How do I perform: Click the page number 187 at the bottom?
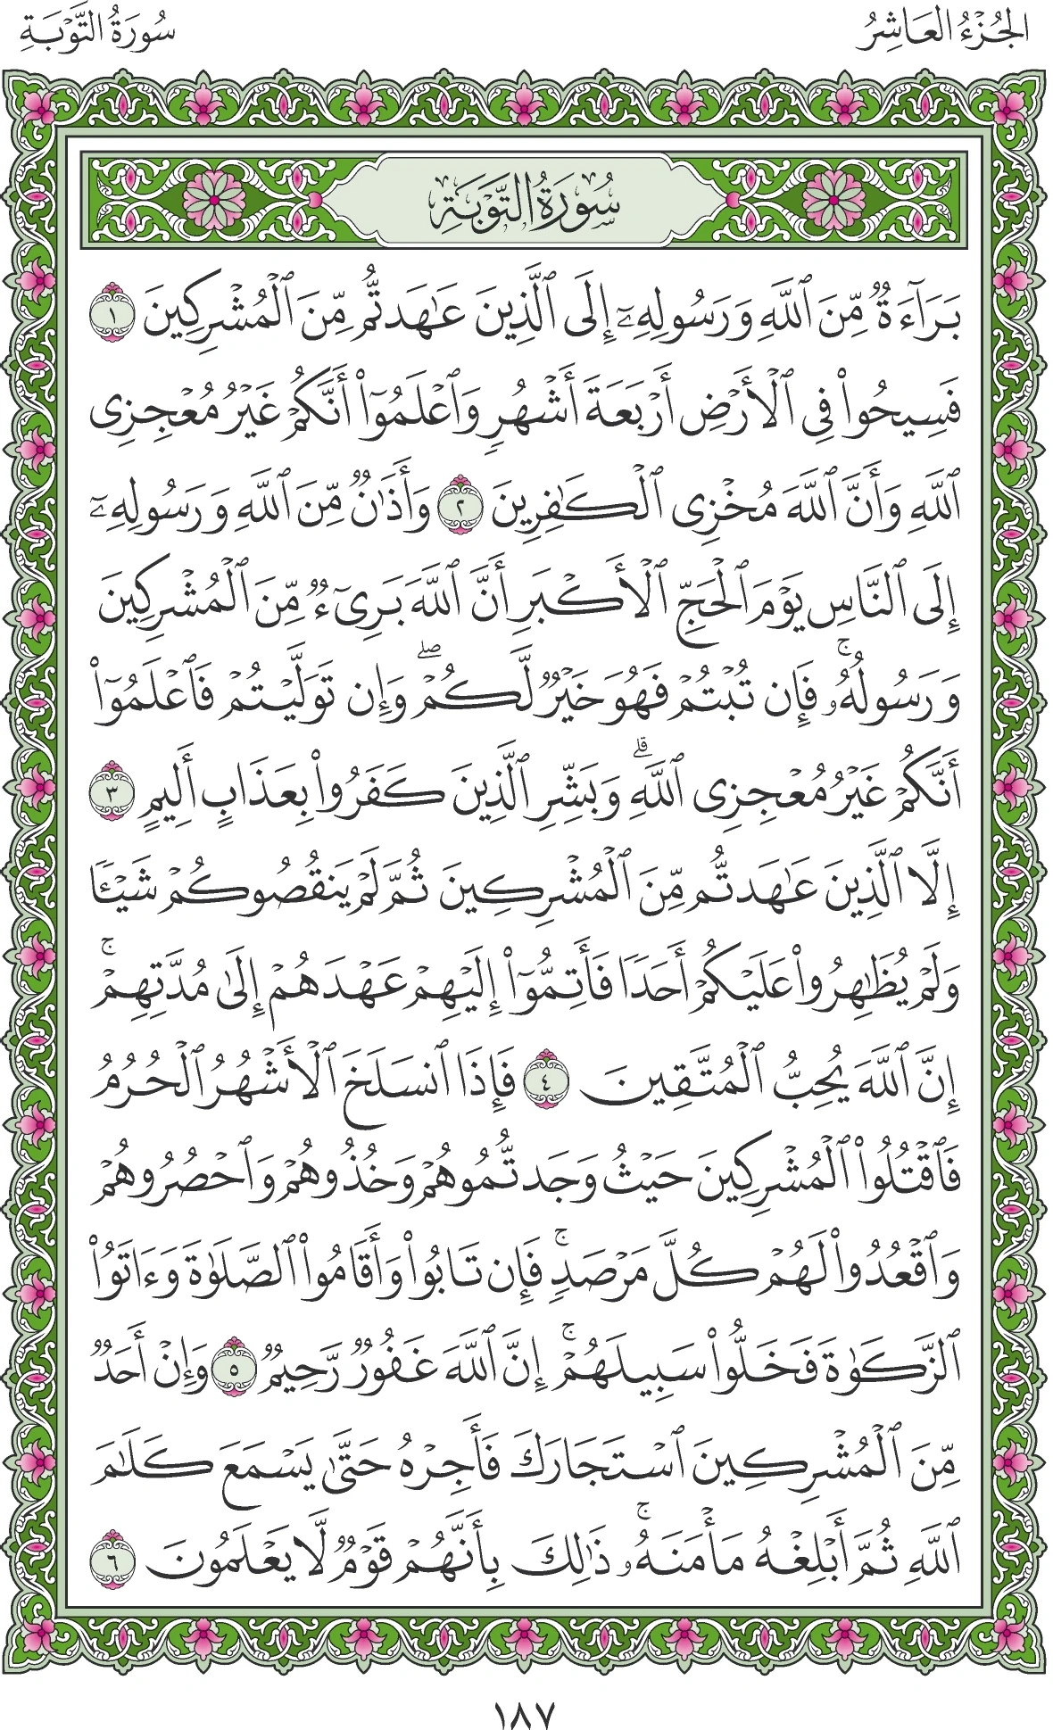[525, 1689]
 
